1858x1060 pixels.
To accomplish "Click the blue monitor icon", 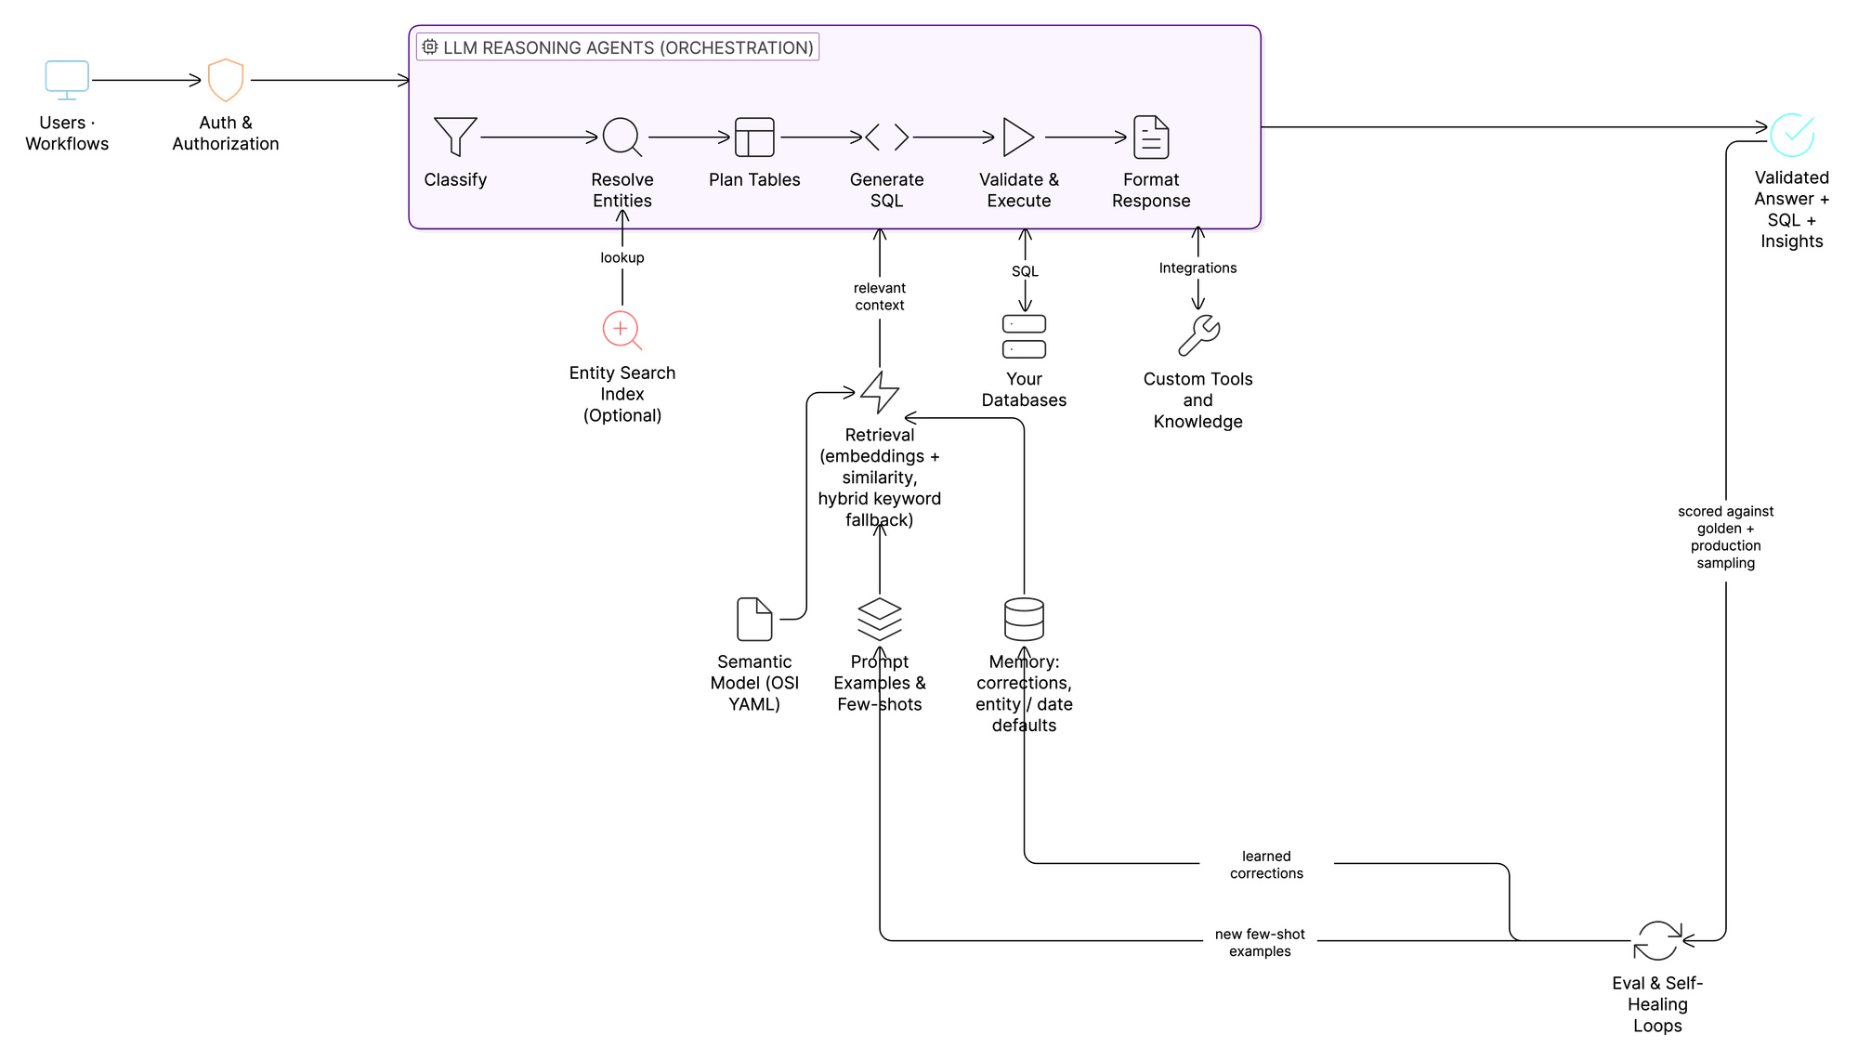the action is click(x=67, y=79).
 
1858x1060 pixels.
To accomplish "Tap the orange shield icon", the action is click(x=226, y=80).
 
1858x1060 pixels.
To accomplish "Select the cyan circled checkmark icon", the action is click(x=1791, y=136).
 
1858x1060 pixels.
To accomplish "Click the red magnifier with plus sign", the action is click(x=622, y=331).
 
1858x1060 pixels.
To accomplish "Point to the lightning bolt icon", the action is click(x=879, y=392).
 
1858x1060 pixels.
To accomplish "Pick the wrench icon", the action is click(x=1198, y=335).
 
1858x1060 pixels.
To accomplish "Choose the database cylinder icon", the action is click(x=1024, y=619).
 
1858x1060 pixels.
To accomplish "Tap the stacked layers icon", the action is click(x=879, y=619).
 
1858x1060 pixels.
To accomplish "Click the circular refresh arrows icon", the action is click(x=1658, y=941).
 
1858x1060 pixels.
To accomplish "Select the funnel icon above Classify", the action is click(x=455, y=137).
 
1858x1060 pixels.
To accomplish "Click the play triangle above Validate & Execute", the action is click(x=1018, y=137).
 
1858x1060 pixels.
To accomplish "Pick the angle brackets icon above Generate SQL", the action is click(x=886, y=137).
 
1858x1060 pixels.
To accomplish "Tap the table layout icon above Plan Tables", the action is click(x=754, y=137).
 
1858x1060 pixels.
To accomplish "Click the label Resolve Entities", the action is click(x=622, y=190).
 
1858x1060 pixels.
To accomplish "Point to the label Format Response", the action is click(x=1151, y=190).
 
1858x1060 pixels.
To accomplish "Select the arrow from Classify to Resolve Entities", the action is click(x=539, y=137).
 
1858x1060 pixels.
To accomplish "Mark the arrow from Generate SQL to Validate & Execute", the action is click(x=953, y=137).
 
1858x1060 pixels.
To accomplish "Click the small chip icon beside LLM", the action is click(x=430, y=46).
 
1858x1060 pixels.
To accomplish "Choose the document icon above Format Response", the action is click(x=1151, y=137).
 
